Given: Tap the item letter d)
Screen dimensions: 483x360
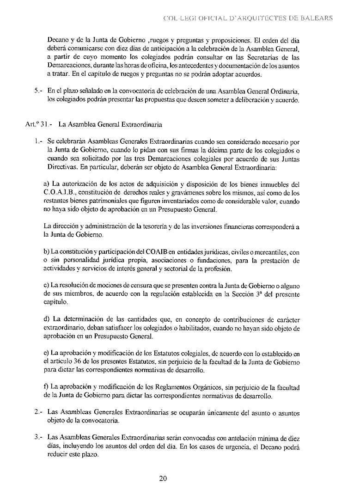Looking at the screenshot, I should pyautogui.click(x=47, y=319).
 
